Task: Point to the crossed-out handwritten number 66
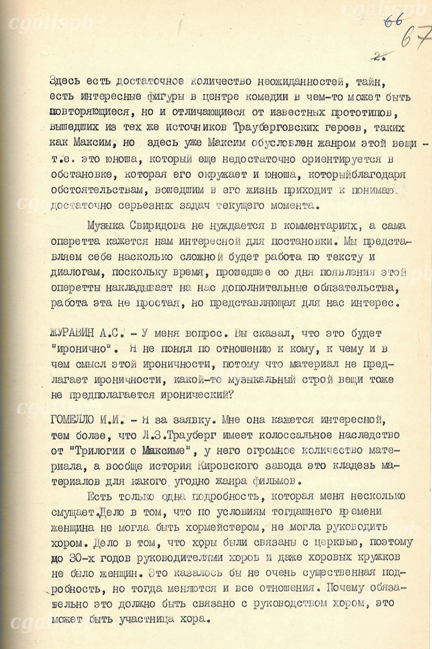(392, 21)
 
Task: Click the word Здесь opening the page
(67, 82)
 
